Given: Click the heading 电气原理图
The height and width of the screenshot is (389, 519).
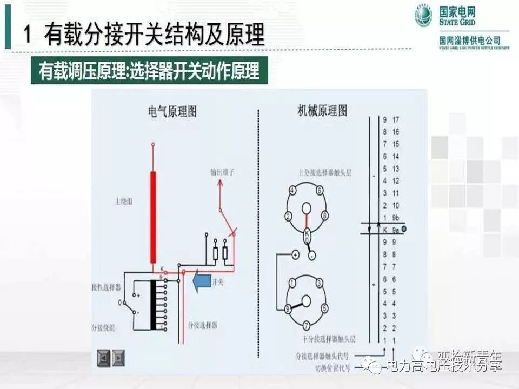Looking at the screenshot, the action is (172, 112).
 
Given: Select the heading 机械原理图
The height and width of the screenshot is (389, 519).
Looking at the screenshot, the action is (323, 112).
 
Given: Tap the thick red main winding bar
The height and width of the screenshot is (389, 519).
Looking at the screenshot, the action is (153, 216).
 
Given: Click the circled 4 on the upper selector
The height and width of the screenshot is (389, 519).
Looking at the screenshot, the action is (292, 190).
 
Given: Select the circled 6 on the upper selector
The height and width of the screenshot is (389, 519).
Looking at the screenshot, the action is (320, 190).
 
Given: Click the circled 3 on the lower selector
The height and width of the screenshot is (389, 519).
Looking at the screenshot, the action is (320, 283).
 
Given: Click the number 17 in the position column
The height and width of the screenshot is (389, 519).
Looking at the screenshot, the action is (396, 119).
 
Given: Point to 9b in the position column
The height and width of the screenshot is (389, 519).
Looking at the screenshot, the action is (396, 218).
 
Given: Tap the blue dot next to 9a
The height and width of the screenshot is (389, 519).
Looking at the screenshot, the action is (404, 230).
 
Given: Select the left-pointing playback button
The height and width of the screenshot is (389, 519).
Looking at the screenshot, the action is (103, 357).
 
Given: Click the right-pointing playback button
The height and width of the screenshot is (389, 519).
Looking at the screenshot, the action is (118, 357).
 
